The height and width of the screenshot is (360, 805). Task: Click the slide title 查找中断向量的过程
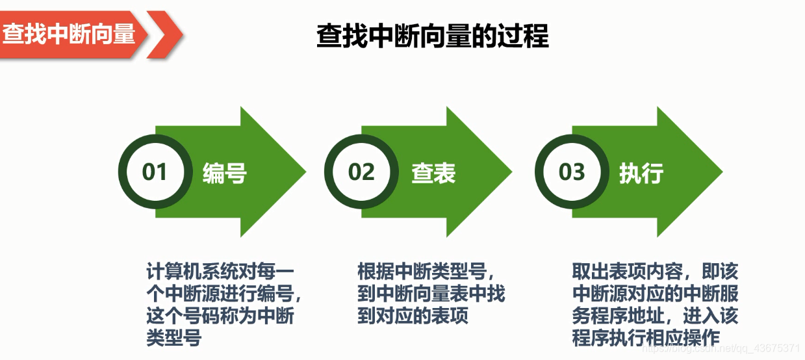point(432,36)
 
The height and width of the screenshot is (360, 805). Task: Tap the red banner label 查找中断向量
point(68,34)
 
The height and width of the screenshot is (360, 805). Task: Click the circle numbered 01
point(155,172)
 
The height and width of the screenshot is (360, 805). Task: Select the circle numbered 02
point(361,172)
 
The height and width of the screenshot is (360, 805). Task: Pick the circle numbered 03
point(571,172)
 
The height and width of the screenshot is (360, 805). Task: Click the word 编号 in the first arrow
point(224,174)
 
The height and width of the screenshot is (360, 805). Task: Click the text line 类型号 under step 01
point(173,339)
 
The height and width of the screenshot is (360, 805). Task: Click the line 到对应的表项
point(413,316)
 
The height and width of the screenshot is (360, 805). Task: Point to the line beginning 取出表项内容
point(655,271)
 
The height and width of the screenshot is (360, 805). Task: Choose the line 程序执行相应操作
point(646,339)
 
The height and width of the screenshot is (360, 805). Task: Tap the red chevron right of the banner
point(163,34)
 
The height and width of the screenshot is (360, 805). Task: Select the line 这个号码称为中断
point(220,316)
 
